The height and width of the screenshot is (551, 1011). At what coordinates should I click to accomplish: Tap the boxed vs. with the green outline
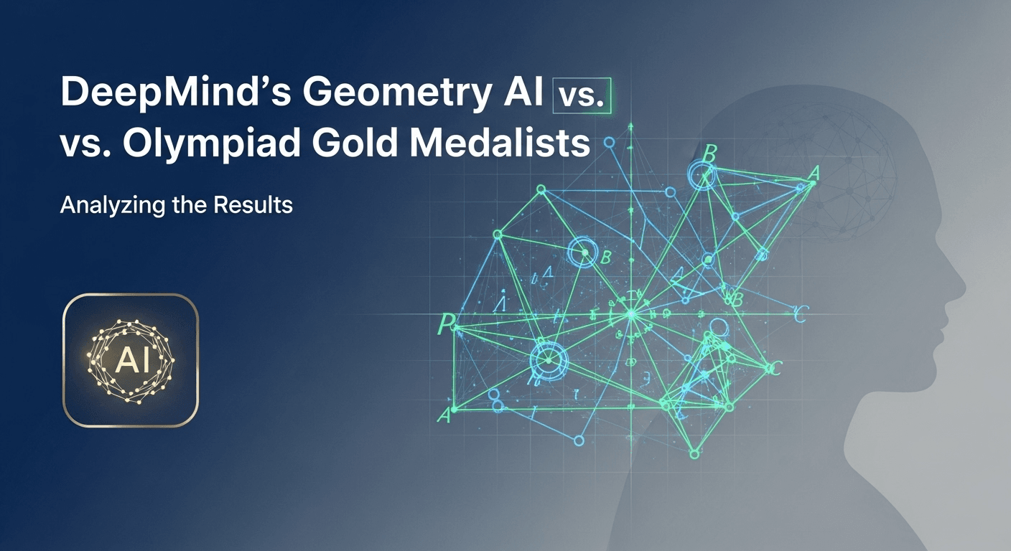582,96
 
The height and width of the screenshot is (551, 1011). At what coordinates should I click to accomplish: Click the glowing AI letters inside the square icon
131,360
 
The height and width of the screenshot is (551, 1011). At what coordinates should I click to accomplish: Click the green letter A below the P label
444,414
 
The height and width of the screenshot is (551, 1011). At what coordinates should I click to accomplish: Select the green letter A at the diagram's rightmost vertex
813,174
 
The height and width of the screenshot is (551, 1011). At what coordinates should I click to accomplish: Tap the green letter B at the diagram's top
709,153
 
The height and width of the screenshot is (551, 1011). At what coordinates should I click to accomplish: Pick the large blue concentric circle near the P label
548,357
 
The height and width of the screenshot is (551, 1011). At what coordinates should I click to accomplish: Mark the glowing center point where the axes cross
631,314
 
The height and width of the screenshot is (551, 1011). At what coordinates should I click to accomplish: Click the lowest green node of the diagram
694,453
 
